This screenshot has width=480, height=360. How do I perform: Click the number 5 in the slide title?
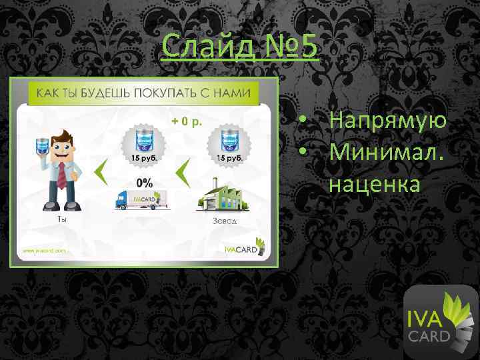point(307,48)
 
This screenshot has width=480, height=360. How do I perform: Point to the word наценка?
point(374,185)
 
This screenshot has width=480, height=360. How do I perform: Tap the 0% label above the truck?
point(144,181)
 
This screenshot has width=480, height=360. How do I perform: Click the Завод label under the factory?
point(224,221)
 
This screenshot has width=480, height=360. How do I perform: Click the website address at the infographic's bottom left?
point(45,251)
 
